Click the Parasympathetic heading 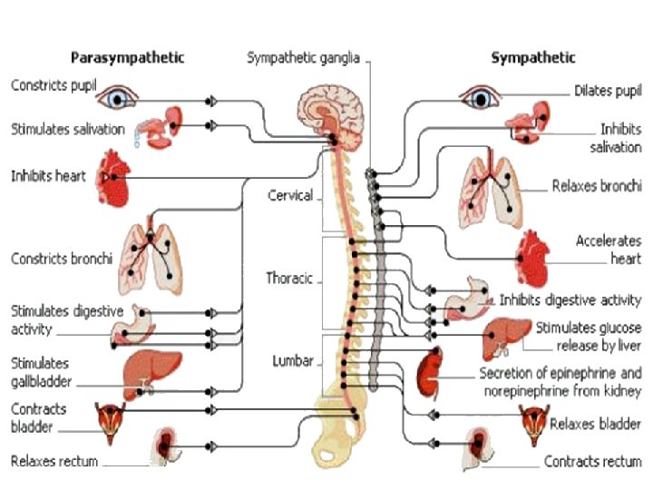pyautogui.click(x=128, y=58)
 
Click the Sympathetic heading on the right pyautogui.click(x=532, y=58)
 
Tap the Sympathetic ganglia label pyautogui.click(x=303, y=58)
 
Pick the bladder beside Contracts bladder pyautogui.click(x=110, y=418)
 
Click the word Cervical pyautogui.click(x=290, y=195)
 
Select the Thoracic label pyautogui.click(x=289, y=278)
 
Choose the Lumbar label pyautogui.click(x=293, y=360)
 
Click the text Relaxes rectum pyautogui.click(x=54, y=461)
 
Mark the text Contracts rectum pyautogui.click(x=592, y=461)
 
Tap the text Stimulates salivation pyautogui.click(x=68, y=129)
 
